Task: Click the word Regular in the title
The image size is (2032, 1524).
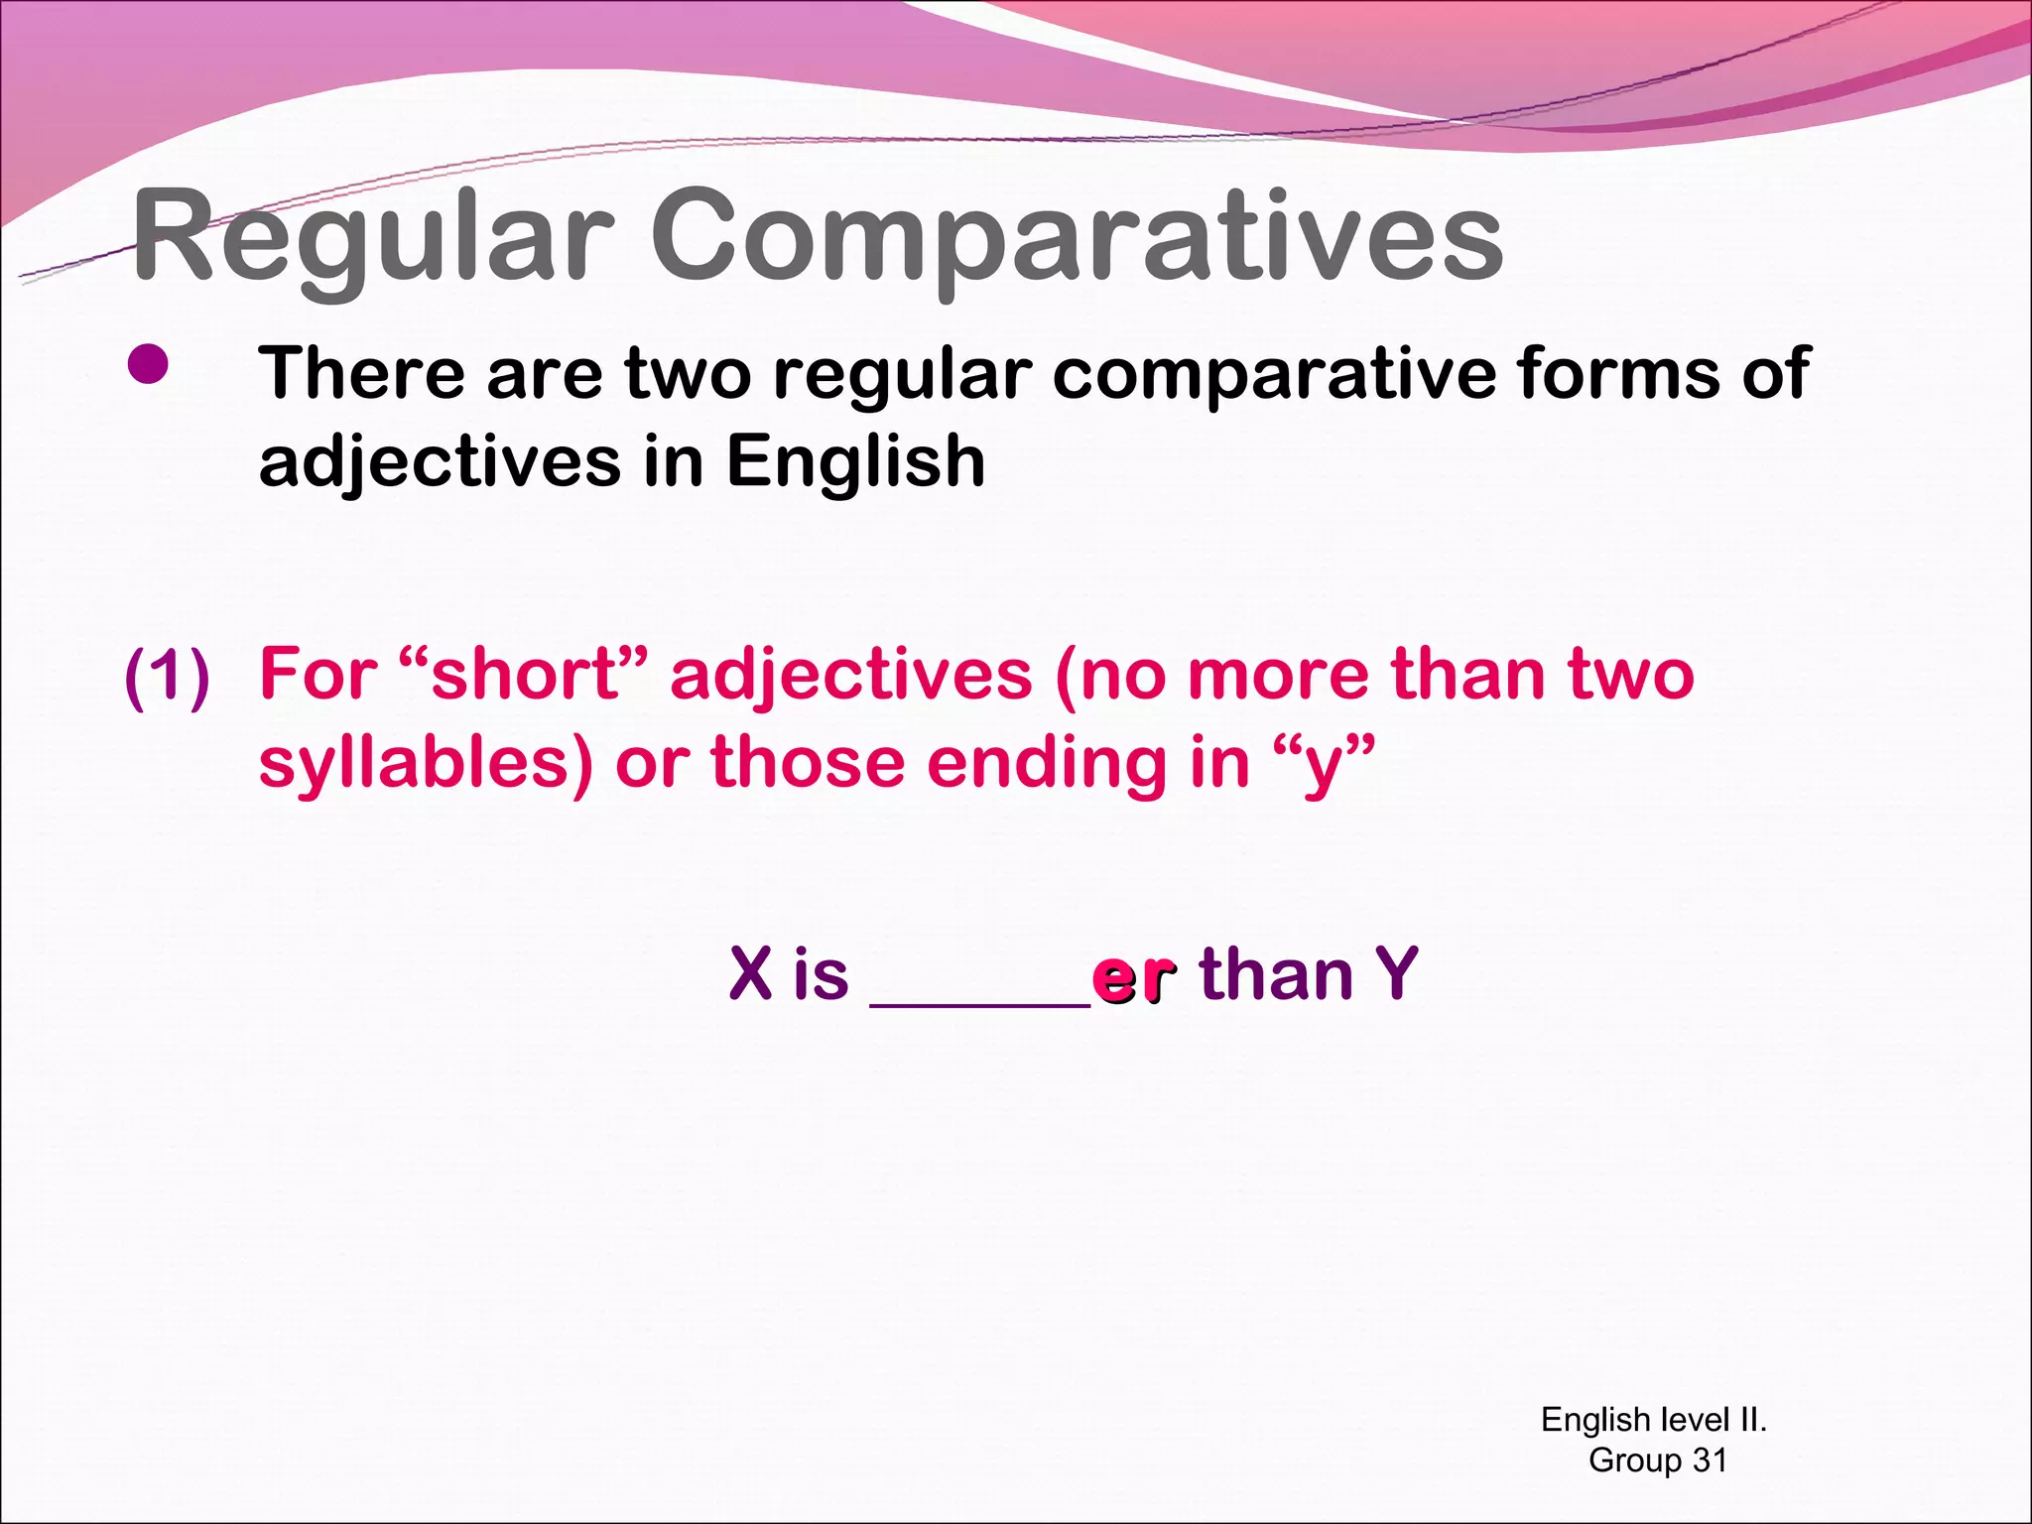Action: tap(372, 238)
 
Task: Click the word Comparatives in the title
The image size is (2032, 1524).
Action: tap(1077, 238)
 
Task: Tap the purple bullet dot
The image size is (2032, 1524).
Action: tap(148, 365)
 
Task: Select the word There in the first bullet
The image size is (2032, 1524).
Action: tap(362, 374)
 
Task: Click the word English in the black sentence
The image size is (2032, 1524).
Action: tap(855, 461)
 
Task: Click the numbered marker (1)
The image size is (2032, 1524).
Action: tap(168, 677)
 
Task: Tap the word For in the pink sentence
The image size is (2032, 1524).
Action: tap(317, 675)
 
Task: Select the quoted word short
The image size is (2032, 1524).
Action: tap(526, 675)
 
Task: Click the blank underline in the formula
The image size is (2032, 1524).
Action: tap(979, 1002)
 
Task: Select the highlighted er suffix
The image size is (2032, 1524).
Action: tap(1134, 976)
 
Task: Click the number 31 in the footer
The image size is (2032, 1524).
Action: tap(1710, 1460)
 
